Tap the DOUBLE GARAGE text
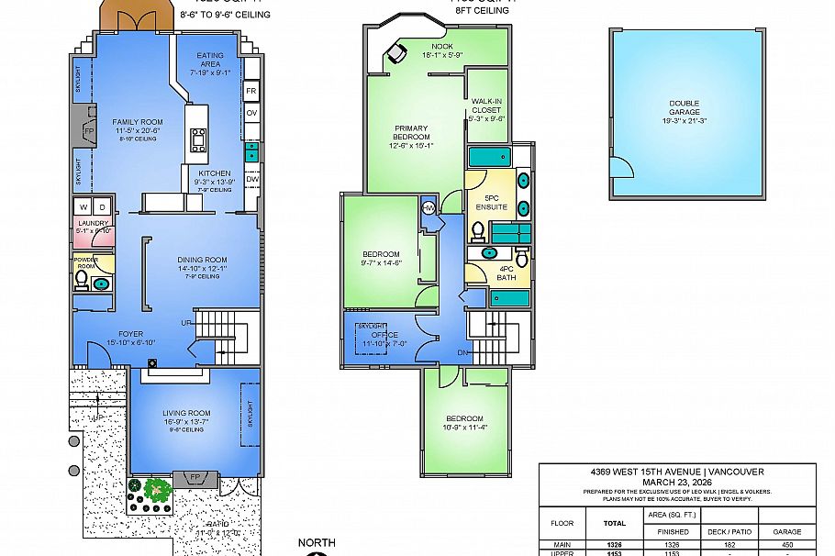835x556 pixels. point(686,106)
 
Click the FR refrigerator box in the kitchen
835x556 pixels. point(250,91)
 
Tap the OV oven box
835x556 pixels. point(250,112)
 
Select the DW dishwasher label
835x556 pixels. point(251,179)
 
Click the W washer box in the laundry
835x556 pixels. point(82,206)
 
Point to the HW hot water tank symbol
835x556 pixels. point(429,207)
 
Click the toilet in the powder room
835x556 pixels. point(82,279)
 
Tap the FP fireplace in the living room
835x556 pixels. point(194,478)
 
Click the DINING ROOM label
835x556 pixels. point(202,260)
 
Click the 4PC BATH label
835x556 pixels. point(507,272)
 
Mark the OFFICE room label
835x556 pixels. point(384,335)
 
